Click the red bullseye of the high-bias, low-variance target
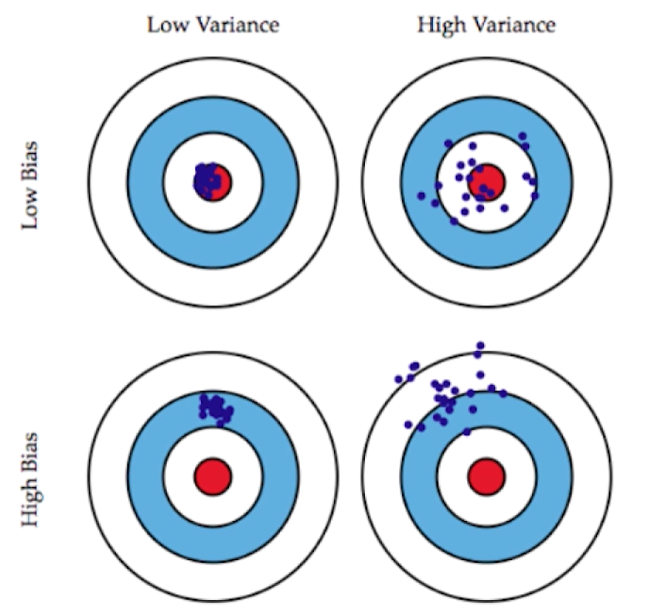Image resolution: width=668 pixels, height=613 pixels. pos(212,475)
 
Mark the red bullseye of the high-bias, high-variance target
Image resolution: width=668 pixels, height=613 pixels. pos(487,475)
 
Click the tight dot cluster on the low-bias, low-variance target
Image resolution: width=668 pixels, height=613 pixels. pos(207,178)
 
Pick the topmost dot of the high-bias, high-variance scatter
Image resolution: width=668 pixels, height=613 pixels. pos(480,345)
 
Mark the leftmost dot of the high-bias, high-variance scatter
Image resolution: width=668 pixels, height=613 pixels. pos(398,379)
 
